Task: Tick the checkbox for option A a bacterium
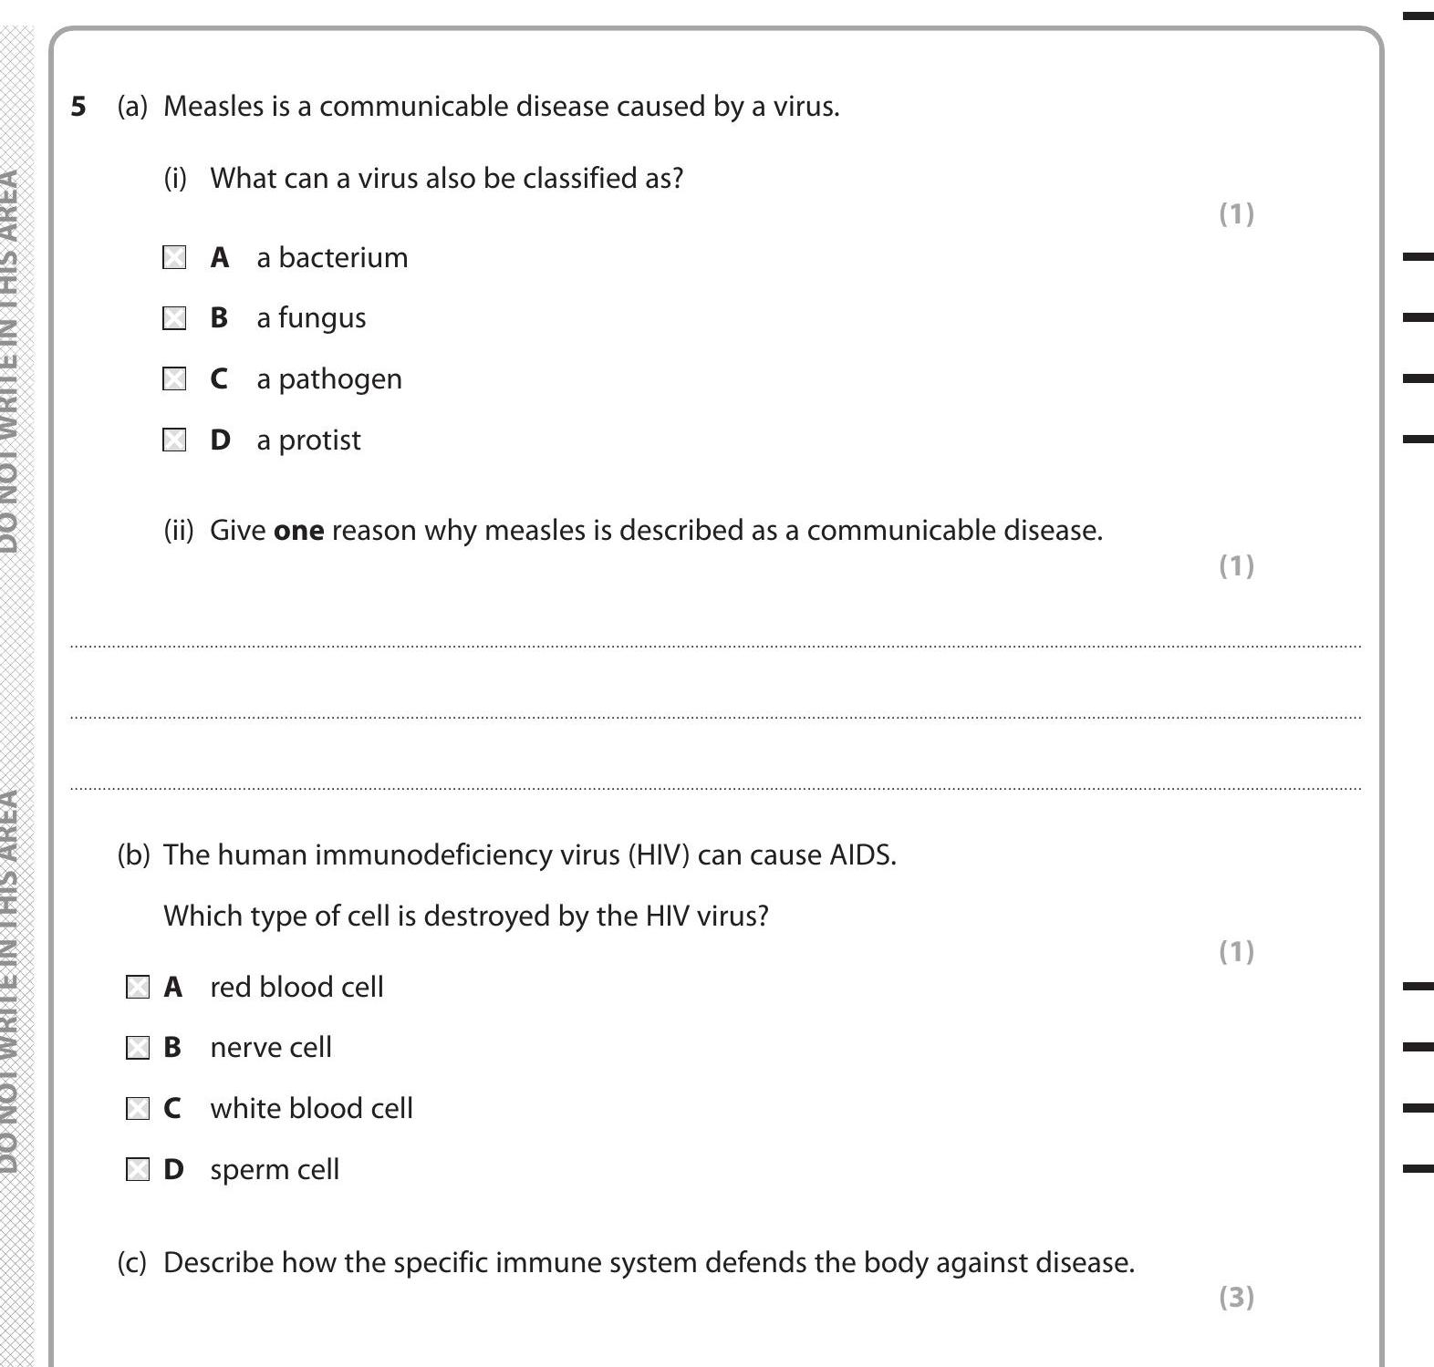[x=174, y=258]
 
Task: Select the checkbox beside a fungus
[x=174, y=318]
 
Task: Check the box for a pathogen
[x=174, y=379]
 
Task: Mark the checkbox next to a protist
[x=174, y=440]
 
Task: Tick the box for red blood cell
[x=137, y=988]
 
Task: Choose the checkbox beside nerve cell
[x=137, y=1048]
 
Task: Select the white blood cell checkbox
[x=137, y=1109]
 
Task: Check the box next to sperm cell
[x=137, y=1170]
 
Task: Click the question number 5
[x=78, y=107]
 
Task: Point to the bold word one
[x=298, y=531]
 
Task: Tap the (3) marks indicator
[x=1236, y=1297]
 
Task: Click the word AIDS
[x=862, y=855]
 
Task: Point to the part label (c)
[x=132, y=1263]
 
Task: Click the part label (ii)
[x=179, y=531]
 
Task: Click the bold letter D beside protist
[x=220, y=440]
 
